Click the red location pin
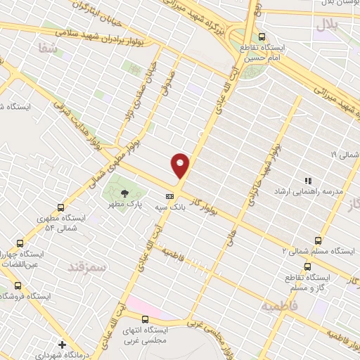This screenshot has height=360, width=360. (181, 165)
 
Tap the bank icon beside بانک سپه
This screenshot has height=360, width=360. (169, 197)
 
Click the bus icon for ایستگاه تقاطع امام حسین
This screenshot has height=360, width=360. (262, 37)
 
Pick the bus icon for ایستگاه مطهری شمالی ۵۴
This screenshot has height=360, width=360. (60, 207)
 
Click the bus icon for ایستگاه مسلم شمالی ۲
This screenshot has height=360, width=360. (319, 240)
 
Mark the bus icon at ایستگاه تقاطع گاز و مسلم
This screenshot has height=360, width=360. (307, 266)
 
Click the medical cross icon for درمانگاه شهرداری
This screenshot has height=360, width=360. (63, 345)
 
